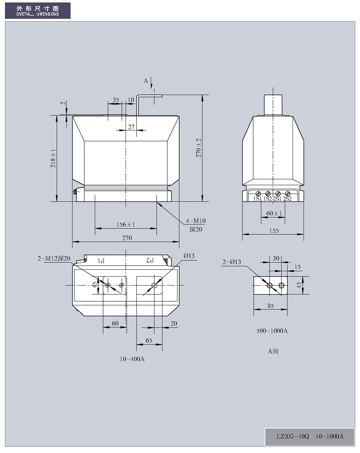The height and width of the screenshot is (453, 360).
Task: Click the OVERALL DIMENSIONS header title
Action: (x=38, y=14)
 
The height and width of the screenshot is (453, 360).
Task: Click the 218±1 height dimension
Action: (x=53, y=158)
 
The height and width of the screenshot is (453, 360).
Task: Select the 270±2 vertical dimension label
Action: (x=198, y=148)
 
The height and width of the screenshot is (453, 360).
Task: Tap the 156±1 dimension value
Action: (x=126, y=225)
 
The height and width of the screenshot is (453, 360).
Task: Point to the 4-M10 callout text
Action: (x=196, y=221)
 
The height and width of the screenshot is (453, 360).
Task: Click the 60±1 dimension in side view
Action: (x=274, y=213)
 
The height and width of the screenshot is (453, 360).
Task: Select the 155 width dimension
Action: (x=274, y=230)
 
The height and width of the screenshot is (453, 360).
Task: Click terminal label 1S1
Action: (x=257, y=199)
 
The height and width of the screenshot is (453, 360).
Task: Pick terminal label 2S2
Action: (x=288, y=199)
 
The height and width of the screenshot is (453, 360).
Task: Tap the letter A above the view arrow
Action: (x=146, y=81)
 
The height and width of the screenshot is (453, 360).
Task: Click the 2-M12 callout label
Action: (x=54, y=259)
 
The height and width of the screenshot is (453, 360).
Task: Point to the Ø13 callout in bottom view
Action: (x=189, y=256)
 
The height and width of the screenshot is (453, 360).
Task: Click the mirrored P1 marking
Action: (x=101, y=261)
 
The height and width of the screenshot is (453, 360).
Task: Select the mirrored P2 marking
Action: (x=150, y=261)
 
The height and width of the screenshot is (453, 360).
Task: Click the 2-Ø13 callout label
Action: (x=232, y=262)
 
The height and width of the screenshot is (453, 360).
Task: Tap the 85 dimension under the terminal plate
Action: (x=270, y=306)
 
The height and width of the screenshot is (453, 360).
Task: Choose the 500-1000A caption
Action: (x=272, y=331)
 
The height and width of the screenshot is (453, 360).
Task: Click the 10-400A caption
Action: (x=132, y=359)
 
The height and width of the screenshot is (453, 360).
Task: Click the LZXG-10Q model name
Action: (x=292, y=436)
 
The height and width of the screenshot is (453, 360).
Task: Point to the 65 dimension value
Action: (x=149, y=340)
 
